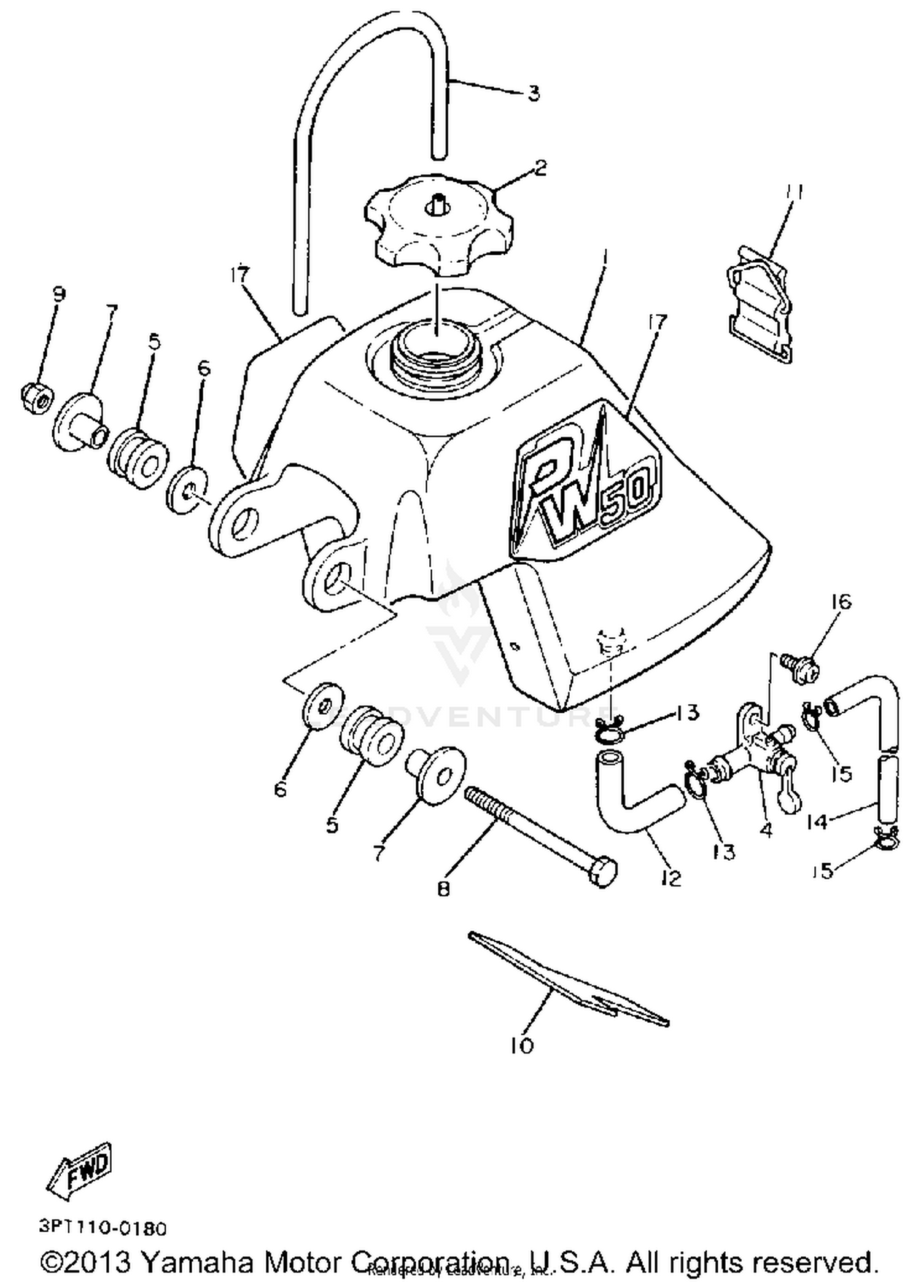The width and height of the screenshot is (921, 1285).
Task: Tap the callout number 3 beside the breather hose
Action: (x=533, y=93)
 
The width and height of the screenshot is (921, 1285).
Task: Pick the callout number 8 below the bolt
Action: (x=443, y=888)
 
